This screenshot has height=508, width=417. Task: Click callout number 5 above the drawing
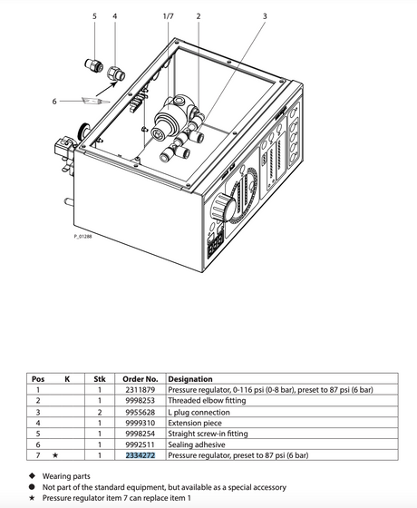(x=94, y=16)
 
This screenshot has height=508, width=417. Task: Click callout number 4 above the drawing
(x=115, y=16)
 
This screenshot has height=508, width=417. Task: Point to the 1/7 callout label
(x=169, y=16)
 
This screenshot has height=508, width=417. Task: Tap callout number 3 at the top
(x=265, y=16)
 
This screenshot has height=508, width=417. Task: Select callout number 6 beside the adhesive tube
(x=54, y=102)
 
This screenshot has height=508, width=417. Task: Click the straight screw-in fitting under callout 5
(x=94, y=65)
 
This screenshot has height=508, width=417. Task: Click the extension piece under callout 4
(x=116, y=74)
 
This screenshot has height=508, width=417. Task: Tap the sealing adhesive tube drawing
(x=96, y=101)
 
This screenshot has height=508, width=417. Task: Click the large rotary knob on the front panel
(x=223, y=207)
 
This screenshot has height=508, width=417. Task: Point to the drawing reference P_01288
(x=82, y=237)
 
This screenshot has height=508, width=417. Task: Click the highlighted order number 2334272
(x=141, y=455)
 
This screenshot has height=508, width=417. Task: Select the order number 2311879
(x=141, y=390)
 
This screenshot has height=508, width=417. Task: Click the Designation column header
(x=190, y=379)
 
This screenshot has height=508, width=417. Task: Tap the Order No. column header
(x=141, y=379)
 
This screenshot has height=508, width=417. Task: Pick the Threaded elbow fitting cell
(x=207, y=401)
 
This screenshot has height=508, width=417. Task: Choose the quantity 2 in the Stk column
(x=100, y=412)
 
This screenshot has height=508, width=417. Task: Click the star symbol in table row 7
(x=55, y=455)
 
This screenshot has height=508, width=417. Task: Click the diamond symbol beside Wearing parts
(x=32, y=475)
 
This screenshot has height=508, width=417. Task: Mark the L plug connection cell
(x=199, y=413)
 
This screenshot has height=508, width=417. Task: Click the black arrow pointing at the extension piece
(x=107, y=89)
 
